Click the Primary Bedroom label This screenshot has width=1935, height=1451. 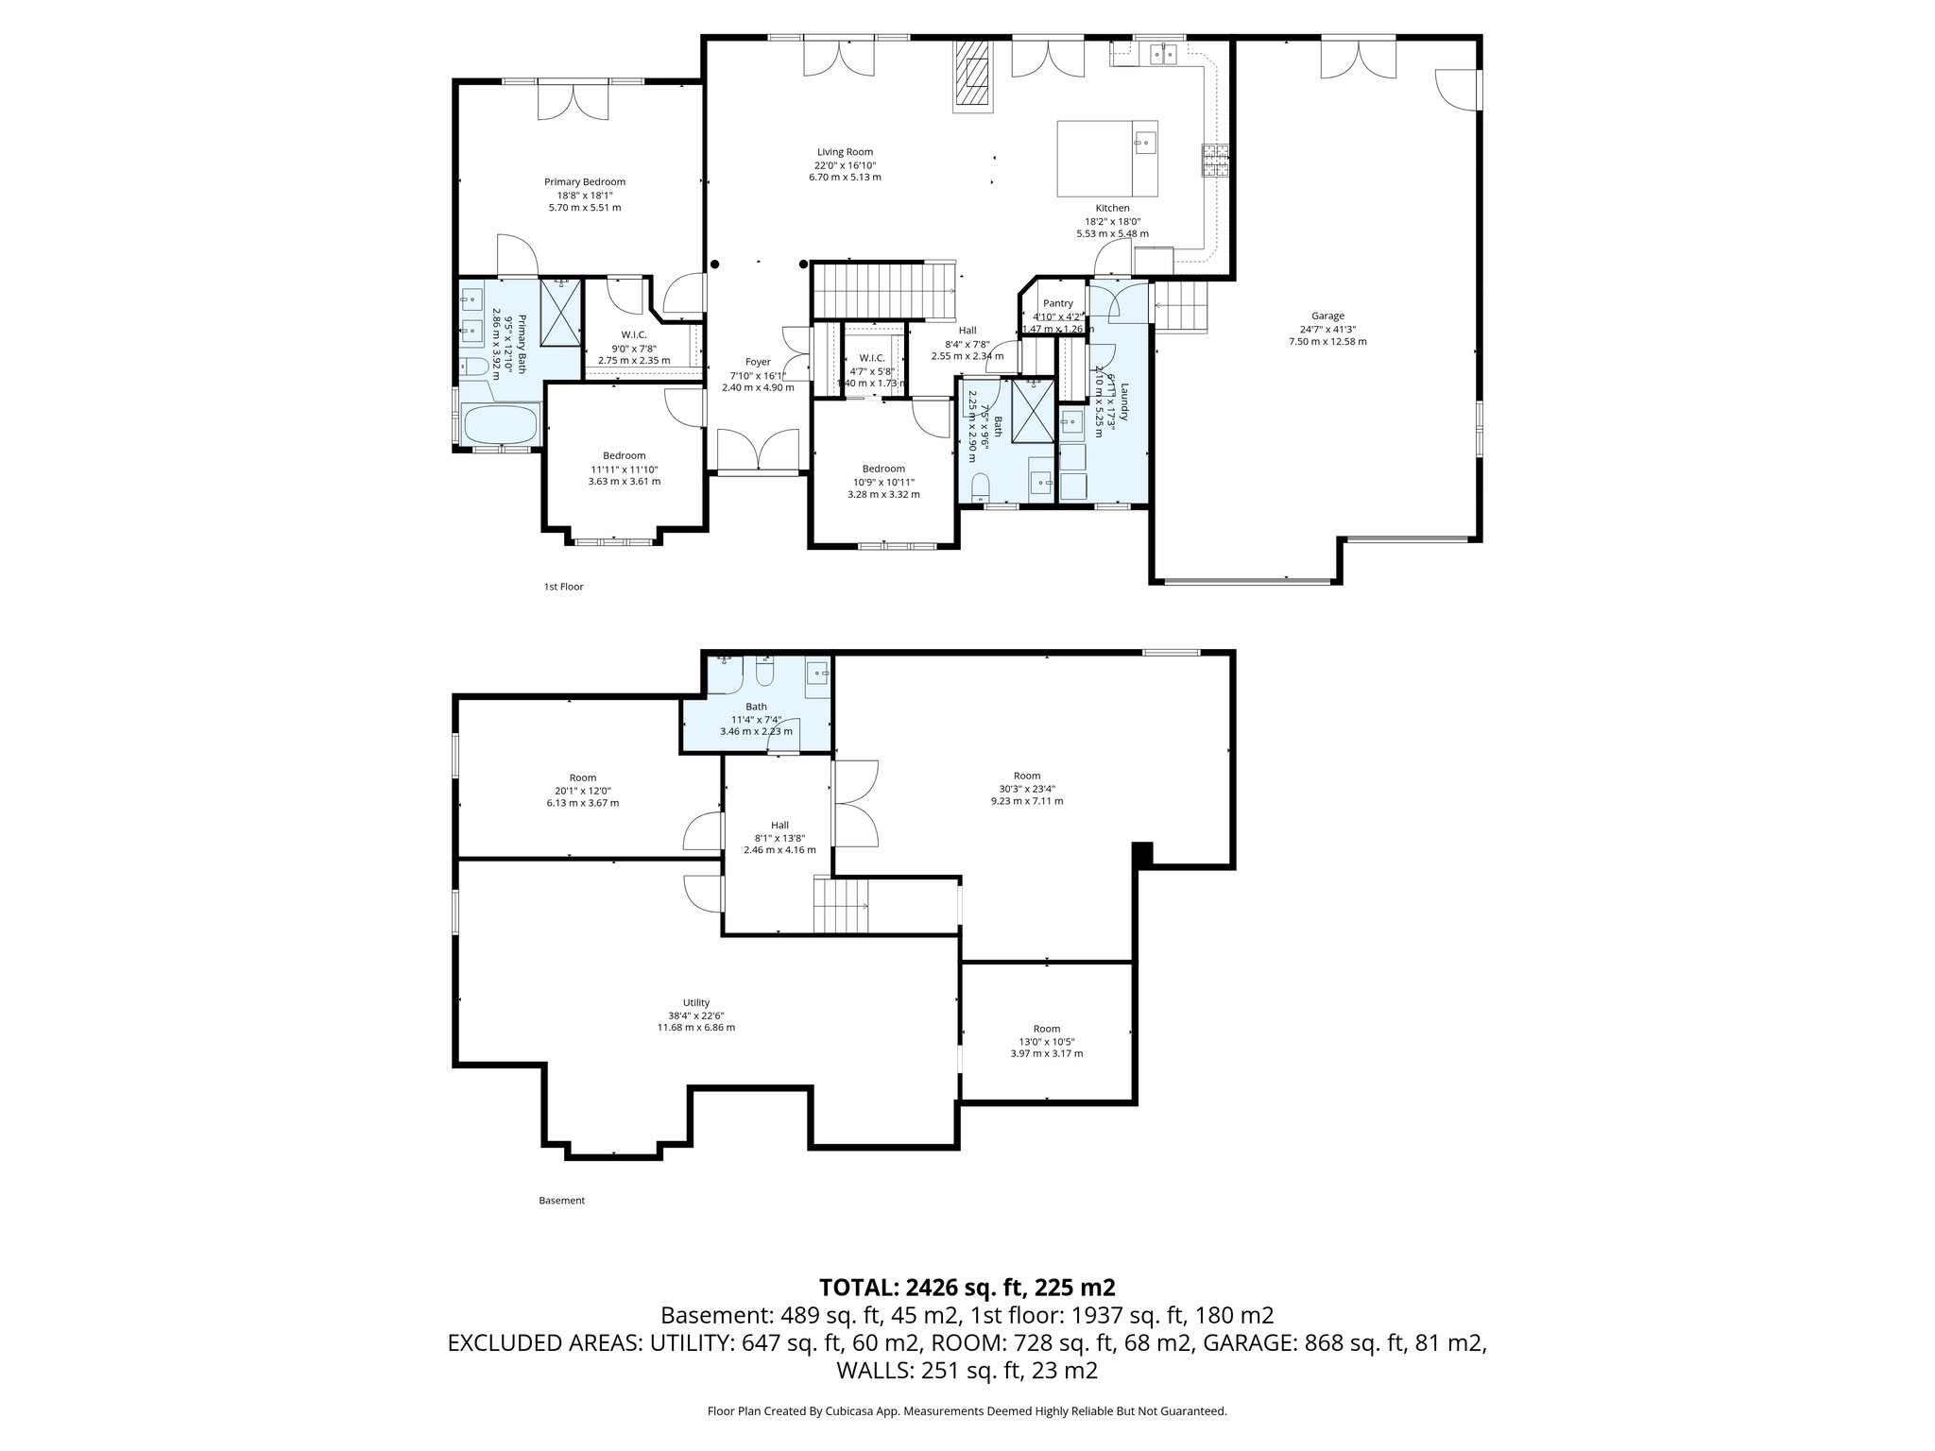tap(584, 182)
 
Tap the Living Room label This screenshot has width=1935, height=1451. tap(845, 152)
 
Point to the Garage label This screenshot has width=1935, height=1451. tap(1327, 316)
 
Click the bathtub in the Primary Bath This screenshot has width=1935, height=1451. tap(500, 424)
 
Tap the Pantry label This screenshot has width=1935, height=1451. tap(1057, 304)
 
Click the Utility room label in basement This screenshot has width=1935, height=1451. tap(695, 1003)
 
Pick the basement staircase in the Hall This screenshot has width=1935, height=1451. tap(841, 905)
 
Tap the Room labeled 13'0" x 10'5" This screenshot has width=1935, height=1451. tap(1046, 1029)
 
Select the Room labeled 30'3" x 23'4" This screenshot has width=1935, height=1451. tap(1026, 777)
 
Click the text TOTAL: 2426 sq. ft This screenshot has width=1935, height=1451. tap(967, 1287)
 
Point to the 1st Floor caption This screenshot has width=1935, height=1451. tap(563, 587)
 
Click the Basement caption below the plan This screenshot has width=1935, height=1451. tap(561, 1201)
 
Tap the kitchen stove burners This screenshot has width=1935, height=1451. tap(1214, 161)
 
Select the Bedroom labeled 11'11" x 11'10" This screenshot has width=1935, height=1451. tap(624, 456)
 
